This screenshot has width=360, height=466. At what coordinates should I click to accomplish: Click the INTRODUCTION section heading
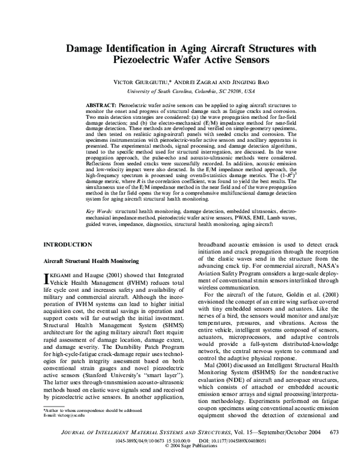click(68, 262)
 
